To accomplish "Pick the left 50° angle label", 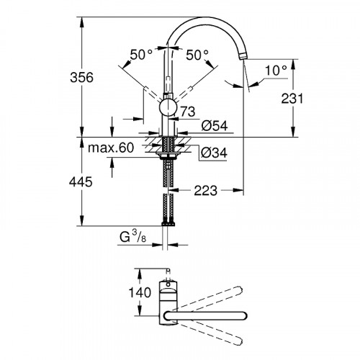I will (140, 55).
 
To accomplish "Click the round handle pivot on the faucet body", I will (168, 109).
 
